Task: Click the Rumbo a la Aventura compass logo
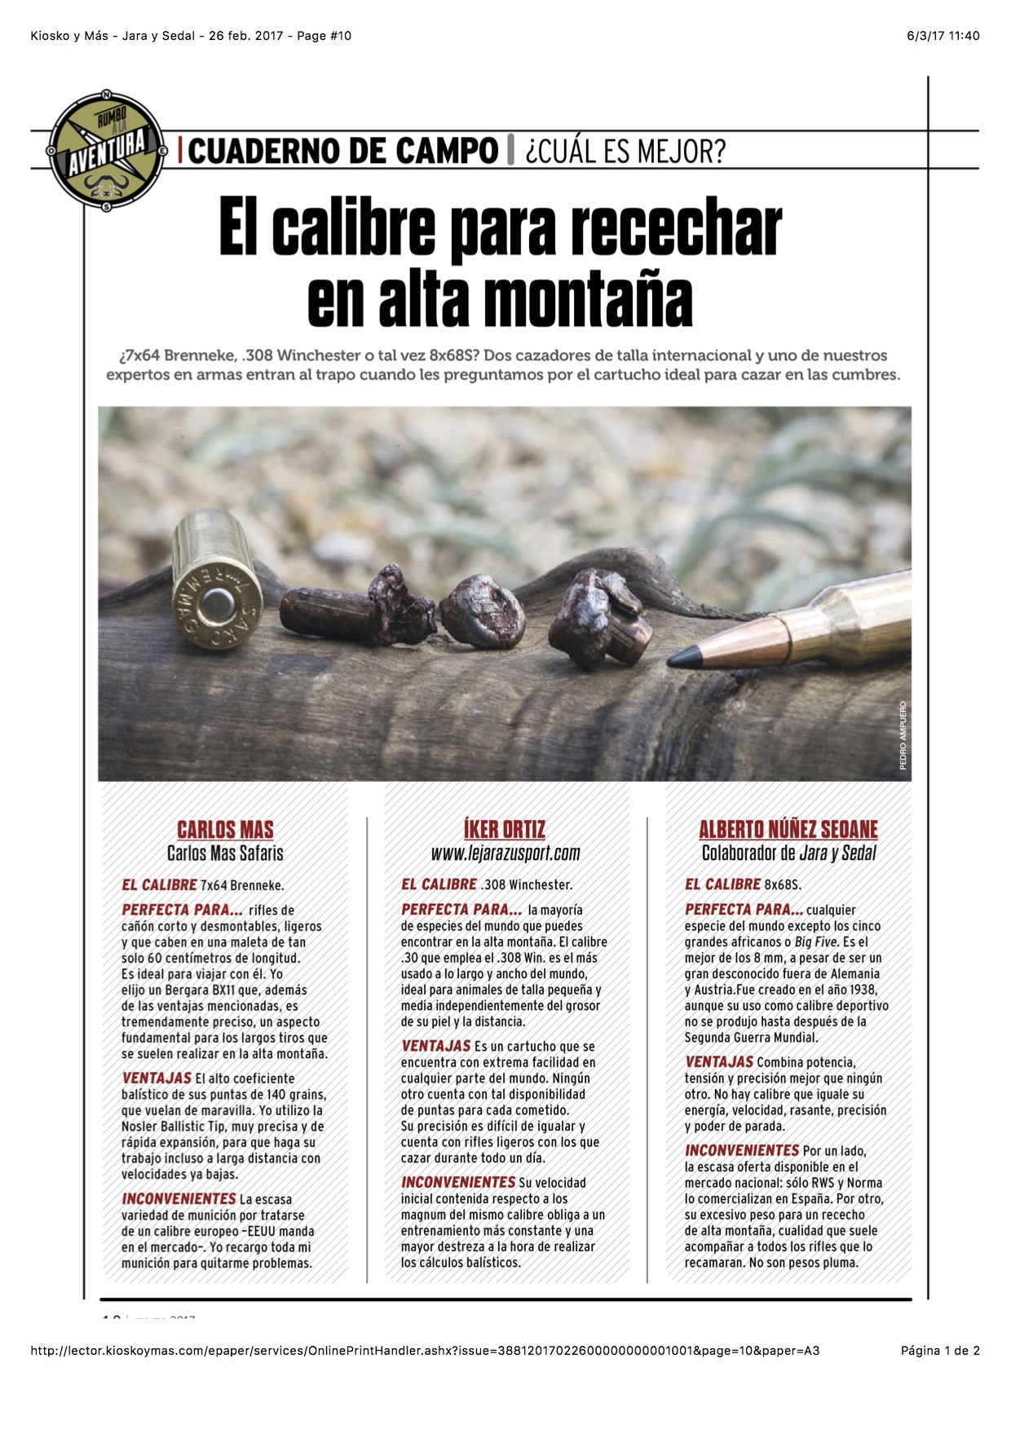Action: [x=107, y=151]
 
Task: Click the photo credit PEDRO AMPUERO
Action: [x=903, y=735]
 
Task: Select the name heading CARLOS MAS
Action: [x=225, y=830]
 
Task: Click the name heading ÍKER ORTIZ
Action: [x=505, y=830]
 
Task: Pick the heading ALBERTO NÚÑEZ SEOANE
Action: [x=788, y=830]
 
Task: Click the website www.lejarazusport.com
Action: [x=505, y=853]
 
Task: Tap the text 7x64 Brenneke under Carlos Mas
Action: [x=242, y=885]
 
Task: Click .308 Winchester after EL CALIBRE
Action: [x=527, y=884]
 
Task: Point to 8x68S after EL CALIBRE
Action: [x=783, y=884]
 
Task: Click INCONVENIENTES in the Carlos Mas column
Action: [x=179, y=1199]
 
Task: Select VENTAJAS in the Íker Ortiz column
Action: [x=436, y=1046]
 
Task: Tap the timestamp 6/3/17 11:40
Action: [x=943, y=36]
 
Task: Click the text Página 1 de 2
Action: [x=939, y=1351]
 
